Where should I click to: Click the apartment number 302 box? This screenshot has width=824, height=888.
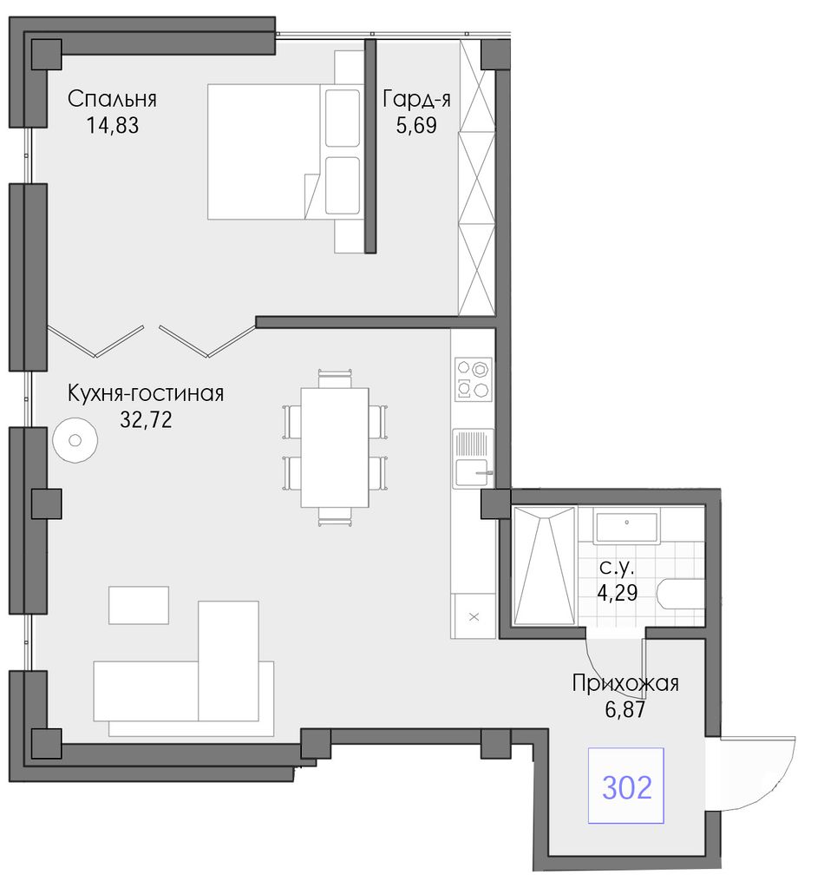625,786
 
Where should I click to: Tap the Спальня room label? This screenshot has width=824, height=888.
112,99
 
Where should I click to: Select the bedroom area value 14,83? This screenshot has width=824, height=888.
112,125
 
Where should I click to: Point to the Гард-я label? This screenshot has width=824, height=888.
416,99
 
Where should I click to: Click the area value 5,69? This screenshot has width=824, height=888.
416,125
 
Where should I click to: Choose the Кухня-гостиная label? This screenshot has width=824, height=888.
146,393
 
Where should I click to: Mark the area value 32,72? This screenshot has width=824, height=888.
146,419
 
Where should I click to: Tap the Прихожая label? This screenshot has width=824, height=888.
625,683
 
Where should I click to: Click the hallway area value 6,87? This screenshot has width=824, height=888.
625,709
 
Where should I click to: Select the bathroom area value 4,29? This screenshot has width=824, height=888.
618,593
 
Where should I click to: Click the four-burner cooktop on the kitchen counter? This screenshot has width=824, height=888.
474,378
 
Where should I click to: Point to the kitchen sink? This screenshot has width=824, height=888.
473,458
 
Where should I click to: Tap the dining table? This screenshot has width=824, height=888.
335,447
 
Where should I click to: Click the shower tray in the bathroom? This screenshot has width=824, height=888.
544,566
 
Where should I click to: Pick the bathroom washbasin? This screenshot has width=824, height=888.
627,526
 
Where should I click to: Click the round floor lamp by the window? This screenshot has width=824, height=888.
75,440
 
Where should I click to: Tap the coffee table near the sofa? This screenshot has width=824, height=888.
139,605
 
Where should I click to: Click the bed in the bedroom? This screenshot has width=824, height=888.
284,151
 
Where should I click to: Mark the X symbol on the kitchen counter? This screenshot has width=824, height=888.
474,616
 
